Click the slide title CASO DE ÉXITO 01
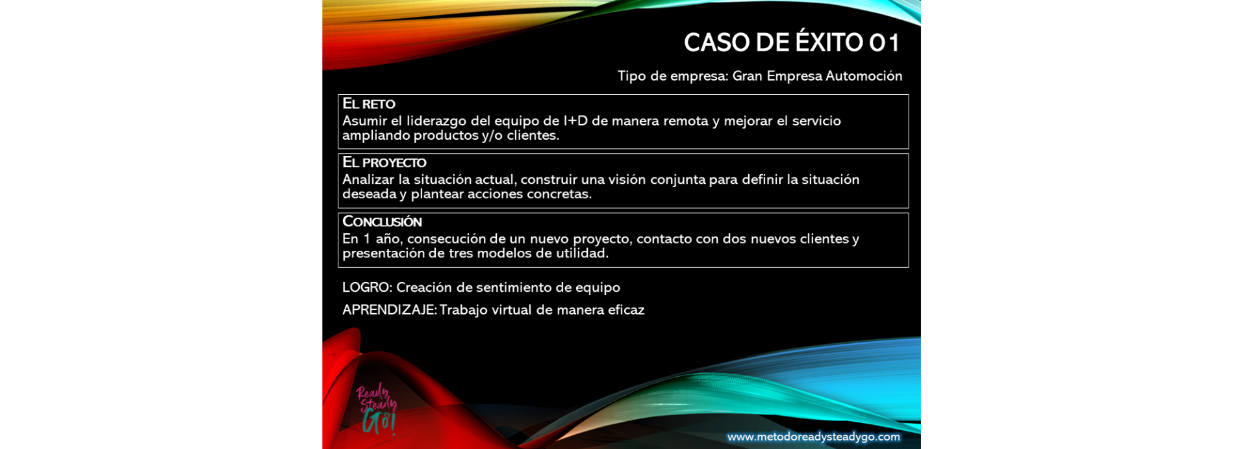(x=792, y=42)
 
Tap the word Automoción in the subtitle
(x=864, y=76)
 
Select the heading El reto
(x=369, y=103)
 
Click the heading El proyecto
(x=384, y=162)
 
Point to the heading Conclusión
(x=382, y=222)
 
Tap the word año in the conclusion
(x=388, y=239)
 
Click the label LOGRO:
(x=367, y=287)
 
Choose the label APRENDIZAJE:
(x=390, y=310)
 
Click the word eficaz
(x=626, y=310)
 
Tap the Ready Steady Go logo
(x=376, y=409)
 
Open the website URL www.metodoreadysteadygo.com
(x=814, y=437)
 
